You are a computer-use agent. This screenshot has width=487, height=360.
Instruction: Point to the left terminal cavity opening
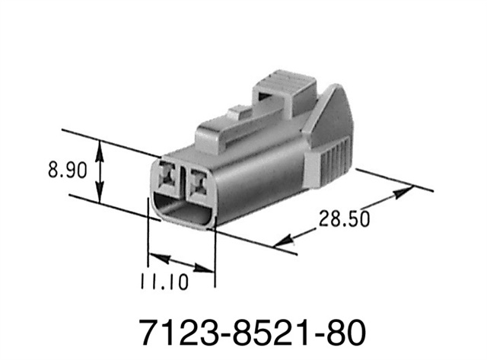click(169, 177)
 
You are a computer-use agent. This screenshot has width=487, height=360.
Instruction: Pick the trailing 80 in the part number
click(343, 332)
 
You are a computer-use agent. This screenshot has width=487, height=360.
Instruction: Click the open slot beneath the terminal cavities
click(183, 211)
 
